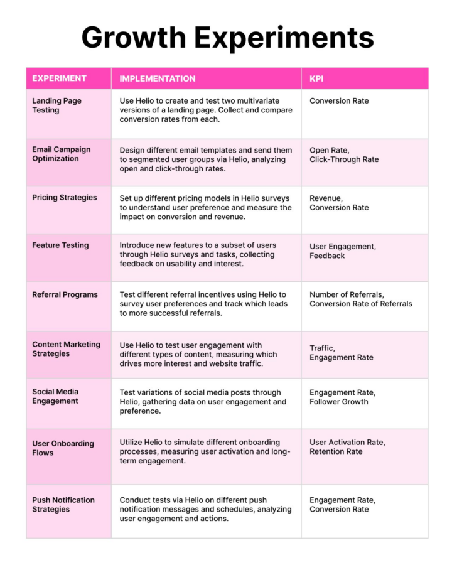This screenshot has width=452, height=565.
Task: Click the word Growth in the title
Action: click(133, 37)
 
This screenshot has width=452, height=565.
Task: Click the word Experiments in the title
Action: click(284, 37)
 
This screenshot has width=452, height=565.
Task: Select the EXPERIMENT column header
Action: click(59, 78)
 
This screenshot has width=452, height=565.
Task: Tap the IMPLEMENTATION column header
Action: click(158, 78)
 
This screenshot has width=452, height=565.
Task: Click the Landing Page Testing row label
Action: click(56, 105)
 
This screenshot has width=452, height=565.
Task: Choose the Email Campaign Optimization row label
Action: click(61, 154)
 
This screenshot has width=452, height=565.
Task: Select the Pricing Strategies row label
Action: click(64, 198)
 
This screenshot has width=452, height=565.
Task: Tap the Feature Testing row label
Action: click(60, 245)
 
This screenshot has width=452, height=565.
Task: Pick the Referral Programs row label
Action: click(65, 294)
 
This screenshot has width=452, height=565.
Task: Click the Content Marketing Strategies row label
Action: click(66, 349)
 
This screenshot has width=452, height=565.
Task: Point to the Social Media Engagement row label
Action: click(55, 396)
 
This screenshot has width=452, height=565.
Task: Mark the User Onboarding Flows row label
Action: click(63, 448)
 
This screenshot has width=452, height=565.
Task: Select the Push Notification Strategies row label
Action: click(63, 504)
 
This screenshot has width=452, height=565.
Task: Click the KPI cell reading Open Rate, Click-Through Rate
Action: click(344, 155)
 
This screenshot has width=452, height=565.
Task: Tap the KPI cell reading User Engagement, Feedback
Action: click(343, 251)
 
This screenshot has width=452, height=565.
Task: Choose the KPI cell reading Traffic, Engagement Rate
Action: click(341, 353)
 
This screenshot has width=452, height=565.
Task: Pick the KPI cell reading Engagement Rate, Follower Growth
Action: click(342, 397)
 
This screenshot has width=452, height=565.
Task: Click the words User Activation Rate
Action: click(347, 442)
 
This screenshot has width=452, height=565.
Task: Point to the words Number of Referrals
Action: click(347, 294)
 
